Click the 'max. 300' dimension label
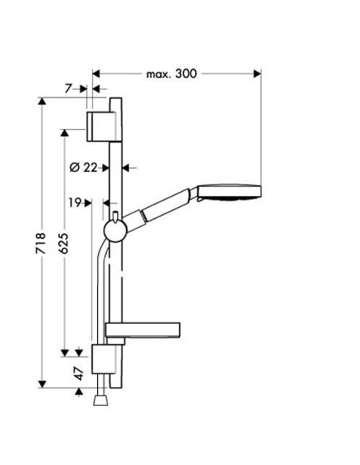[x=171, y=73]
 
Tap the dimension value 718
[x=41, y=243]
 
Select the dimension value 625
[x=63, y=243]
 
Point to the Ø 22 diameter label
[x=84, y=167]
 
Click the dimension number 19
[x=75, y=203]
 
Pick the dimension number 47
[x=79, y=373]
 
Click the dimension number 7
[x=68, y=88]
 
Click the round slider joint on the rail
[x=115, y=231]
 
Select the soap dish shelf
[x=143, y=330]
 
